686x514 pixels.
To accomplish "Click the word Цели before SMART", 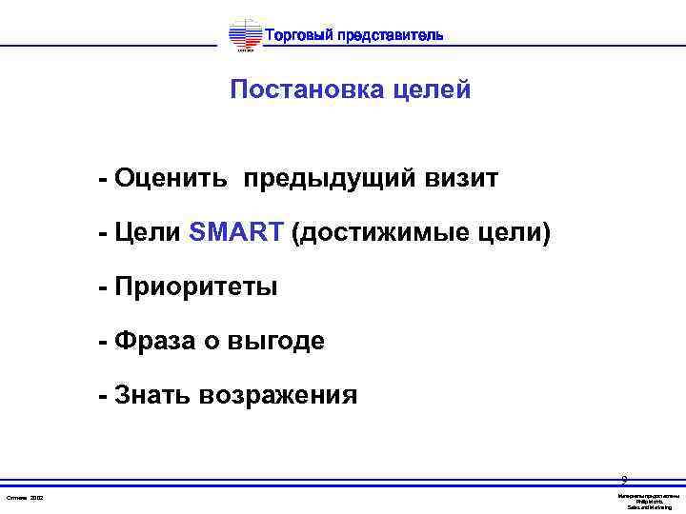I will point(147,232).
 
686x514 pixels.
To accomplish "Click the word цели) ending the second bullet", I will point(517,232).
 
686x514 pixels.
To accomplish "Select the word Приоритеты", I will point(195,287).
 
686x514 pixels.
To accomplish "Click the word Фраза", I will point(151,341).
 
